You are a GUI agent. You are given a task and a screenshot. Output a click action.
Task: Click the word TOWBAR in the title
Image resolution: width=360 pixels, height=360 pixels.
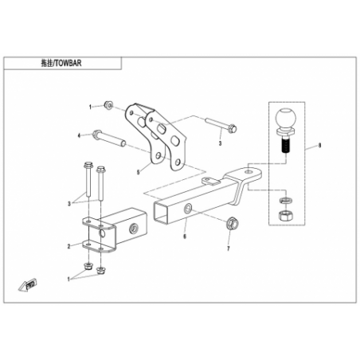coord(68,63)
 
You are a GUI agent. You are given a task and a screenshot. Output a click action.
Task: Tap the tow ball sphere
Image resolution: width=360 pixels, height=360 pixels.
coord(285,119)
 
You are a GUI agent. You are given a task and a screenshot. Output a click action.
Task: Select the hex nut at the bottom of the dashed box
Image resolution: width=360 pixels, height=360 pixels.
coord(286,216)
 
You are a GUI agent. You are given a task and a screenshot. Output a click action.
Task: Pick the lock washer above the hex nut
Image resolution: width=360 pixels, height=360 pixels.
coord(286,200)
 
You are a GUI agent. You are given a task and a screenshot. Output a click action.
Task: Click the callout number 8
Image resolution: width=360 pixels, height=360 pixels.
coord(319,145)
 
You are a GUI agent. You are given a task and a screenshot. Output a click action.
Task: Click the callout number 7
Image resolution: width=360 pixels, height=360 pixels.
coord(229,248)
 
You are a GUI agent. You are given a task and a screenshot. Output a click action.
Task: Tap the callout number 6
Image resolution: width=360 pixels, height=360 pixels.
coord(185,236)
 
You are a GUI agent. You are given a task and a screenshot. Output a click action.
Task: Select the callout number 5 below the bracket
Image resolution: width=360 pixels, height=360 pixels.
coord(138,172)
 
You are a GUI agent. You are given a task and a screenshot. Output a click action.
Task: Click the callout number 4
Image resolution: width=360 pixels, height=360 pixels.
coord(79,135)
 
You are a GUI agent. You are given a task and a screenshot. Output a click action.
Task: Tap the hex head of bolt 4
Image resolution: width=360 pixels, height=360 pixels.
coord(96,134)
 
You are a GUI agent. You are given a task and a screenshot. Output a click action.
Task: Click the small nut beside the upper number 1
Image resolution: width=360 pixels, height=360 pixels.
coord(108,105)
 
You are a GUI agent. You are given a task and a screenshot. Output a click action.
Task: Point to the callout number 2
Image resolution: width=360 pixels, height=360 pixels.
coord(69,246)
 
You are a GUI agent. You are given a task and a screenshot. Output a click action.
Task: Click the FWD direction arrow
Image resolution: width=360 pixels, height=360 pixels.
coord(28,284)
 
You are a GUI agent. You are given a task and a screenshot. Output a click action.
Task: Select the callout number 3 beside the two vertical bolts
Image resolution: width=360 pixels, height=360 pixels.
coord(69,204)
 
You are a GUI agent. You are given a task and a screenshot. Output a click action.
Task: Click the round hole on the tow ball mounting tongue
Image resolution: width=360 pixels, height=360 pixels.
coord(248,171)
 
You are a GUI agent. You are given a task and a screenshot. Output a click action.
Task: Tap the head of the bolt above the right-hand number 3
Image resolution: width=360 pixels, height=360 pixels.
coord(233,129)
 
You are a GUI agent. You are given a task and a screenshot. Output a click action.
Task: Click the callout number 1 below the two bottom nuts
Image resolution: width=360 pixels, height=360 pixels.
coord(68,280)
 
